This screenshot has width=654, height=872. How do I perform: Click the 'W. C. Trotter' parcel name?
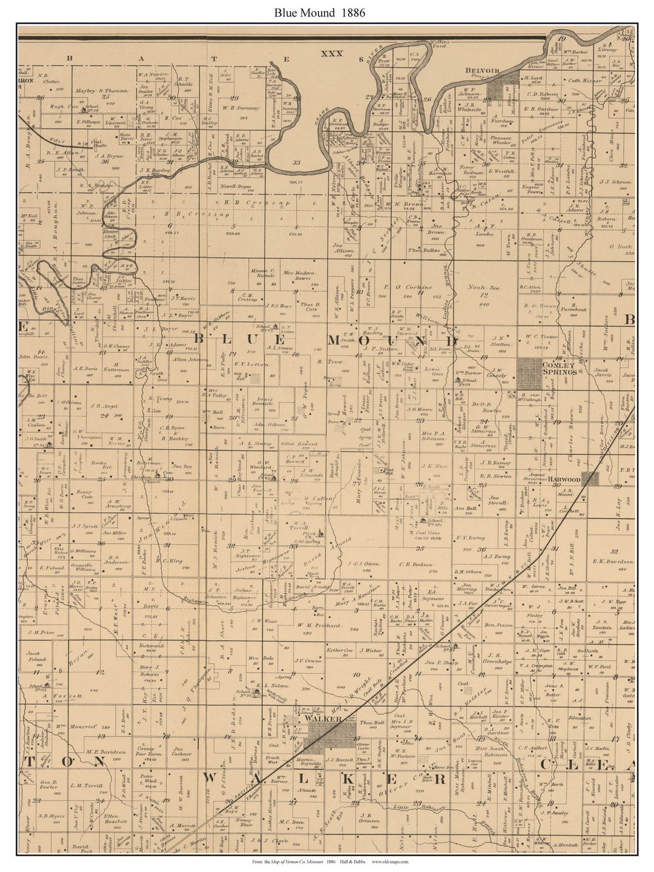(x=541, y=337)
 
